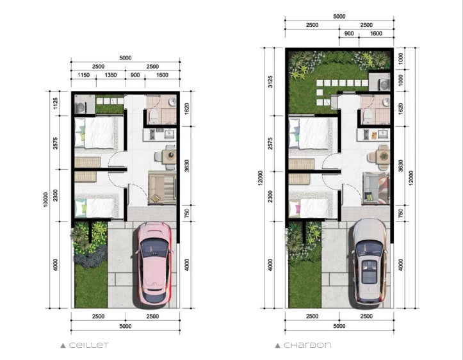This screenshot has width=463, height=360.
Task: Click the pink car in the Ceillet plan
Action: pos(154,264)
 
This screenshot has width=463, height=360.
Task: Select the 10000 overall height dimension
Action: pos(45,200)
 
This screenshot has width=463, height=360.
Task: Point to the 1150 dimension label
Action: pos(83,75)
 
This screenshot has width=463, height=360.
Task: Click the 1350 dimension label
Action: pos(111,75)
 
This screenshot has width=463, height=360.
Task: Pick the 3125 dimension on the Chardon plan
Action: pos(270,81)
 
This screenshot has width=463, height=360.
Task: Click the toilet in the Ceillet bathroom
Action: pos(154,117)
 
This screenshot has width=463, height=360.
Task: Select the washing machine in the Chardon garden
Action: pos(384,83)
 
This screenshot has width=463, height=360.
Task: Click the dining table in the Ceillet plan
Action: pos(170,156)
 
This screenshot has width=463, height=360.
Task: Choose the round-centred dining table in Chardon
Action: pos(384,156)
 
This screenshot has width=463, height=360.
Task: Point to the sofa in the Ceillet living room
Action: pos(162,188)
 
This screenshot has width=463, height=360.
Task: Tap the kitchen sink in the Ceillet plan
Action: pos(169,135)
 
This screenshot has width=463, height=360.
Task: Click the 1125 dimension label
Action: pos(55,103)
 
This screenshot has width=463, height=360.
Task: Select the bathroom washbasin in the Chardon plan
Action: pos(386,102)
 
